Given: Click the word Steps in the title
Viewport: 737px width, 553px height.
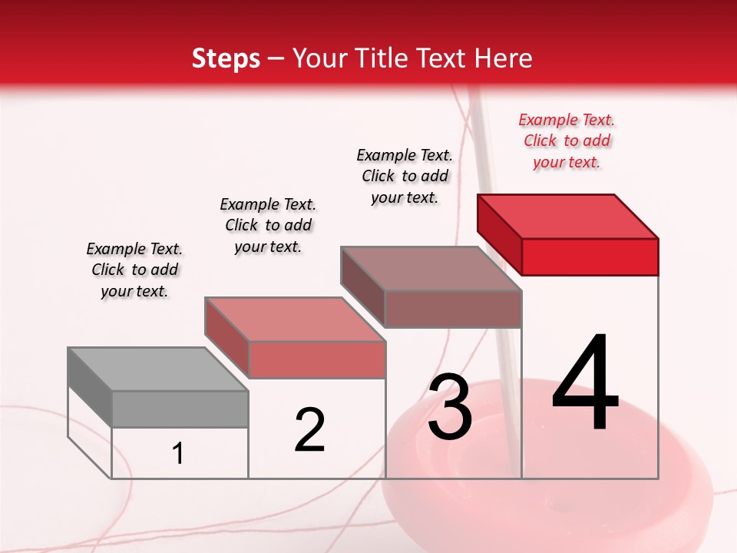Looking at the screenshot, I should pyautogui.click(x=226, y=58).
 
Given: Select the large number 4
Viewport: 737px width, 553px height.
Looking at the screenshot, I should pyautogui.click(x=586, y=383).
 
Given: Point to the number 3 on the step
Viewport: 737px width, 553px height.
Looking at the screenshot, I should pyautogui.click(x=450, y=407).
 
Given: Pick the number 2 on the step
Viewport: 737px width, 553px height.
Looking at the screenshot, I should pyautogui.click(x=309, y=430).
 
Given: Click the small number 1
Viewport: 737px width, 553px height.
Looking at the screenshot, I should pyautogui.click(x=178, y=454).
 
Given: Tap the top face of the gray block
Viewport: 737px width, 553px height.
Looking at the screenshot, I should pyautogui.click(x=158, y=369).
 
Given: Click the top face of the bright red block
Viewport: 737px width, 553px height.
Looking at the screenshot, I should pyautogui.click(x=568, y=216).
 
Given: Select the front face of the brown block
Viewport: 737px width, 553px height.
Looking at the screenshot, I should pyautogui.click(x=453, y=310).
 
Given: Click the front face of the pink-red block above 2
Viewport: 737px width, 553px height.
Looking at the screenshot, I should pyautogui.click(x=316, y=359).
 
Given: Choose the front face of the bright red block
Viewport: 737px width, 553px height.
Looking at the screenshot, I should pyautogui.click(x=590, y=257).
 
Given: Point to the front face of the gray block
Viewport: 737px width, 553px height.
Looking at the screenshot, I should pyautogui.click(x=180, y=409).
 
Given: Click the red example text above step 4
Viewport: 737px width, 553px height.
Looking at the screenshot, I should pyautogui.click(x=567, y=141).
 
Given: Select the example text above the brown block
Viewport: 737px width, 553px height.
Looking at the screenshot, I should pyautogui.click(x=405, y=176).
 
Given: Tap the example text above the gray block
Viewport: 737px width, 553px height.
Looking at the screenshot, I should pyautogui.click(x=134, y=270).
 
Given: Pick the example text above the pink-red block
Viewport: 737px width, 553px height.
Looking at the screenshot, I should pyautogui.click(x=268, y=225).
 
